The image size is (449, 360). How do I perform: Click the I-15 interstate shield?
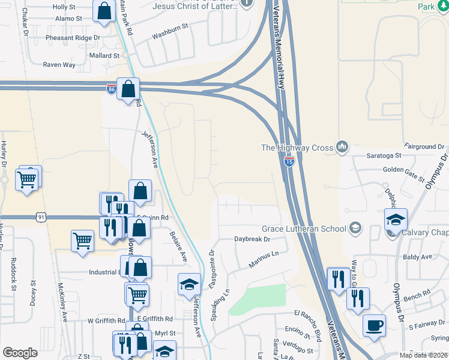[289, 163]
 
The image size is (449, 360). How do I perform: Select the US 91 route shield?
[40, 215]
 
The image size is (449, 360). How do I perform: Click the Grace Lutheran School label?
[304, 229]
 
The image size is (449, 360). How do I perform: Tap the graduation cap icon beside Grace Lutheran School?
[355, 227]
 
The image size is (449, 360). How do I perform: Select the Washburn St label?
[170, 27]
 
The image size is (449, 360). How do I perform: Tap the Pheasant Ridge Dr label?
[73, 37]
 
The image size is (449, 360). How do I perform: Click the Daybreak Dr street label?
[253, 239]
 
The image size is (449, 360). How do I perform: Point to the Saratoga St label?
[384, 155]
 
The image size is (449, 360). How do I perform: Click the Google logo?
[20, 353]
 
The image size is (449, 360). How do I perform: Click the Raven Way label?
[59, 65]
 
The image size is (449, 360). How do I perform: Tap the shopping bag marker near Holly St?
[104, 10]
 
